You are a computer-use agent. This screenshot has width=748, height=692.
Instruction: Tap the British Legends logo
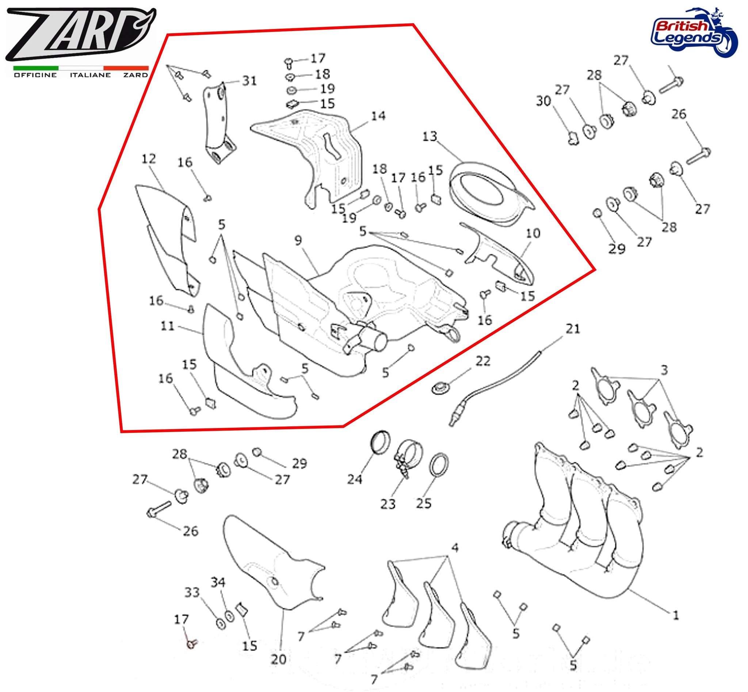tap(693, 32)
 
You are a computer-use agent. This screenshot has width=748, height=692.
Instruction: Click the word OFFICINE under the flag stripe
tap(35, 75)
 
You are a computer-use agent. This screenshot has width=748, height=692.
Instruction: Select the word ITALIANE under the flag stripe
tap(90, 75)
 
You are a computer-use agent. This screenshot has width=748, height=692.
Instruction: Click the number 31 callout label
tap(249, 81)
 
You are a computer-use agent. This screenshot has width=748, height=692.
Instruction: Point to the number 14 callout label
tap(378, 116)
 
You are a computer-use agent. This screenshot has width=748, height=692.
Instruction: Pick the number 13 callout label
tap(430, 136)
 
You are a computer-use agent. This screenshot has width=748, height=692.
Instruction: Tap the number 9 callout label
tap(298, 241)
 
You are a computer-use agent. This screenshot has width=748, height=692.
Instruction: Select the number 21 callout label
tap(573, 329)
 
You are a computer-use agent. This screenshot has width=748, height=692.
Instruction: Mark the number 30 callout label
tap(543, 101)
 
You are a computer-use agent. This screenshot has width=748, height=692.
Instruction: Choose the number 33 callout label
tap(192, 593)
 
